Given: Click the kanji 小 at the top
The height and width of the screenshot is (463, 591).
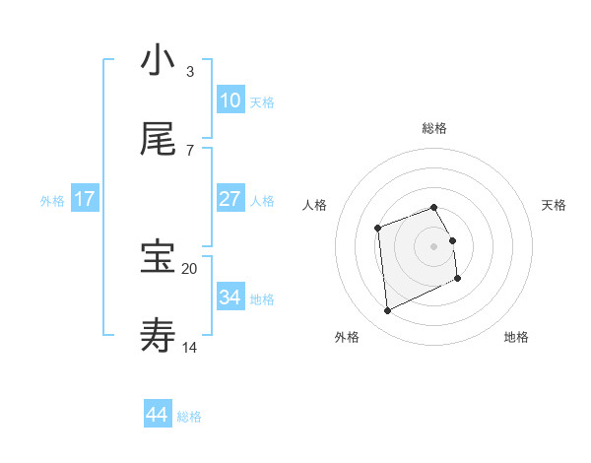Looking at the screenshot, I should [x=158, y=61].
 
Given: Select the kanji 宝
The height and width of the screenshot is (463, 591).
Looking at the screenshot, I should [x=158, y=258].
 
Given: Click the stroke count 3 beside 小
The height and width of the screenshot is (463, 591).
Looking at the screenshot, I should [x=190, y=71].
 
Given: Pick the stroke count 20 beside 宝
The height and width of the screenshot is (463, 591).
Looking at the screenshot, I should [x=190, y=268].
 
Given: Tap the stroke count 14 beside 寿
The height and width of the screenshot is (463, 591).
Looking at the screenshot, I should [x=190, y=347].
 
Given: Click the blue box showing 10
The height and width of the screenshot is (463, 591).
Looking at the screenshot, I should [x=230, y=100].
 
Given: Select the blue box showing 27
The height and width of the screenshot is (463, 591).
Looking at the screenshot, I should [x=230, y=199].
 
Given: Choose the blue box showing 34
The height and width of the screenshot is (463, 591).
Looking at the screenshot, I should [x=230, y=298].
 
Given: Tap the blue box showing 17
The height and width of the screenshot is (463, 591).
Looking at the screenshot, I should [x=85, y=199].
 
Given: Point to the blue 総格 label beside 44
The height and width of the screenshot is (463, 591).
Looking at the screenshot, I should [x=189, y=417].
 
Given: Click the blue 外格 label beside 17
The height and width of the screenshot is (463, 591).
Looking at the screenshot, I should [x=52, y=201].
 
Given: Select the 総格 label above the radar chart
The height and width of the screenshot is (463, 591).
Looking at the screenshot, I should [x=434, y=128].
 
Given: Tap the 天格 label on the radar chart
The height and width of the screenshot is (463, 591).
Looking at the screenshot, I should [x=554, y=205].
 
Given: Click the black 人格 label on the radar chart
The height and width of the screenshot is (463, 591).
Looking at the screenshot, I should [x=315, y=205].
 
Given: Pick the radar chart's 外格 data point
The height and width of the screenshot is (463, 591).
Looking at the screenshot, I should [x=387, y=311].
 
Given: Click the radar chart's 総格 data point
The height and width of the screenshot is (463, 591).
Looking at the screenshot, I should [x=434, y=207].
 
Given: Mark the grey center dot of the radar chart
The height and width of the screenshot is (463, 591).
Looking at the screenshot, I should [x=434, y=245].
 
